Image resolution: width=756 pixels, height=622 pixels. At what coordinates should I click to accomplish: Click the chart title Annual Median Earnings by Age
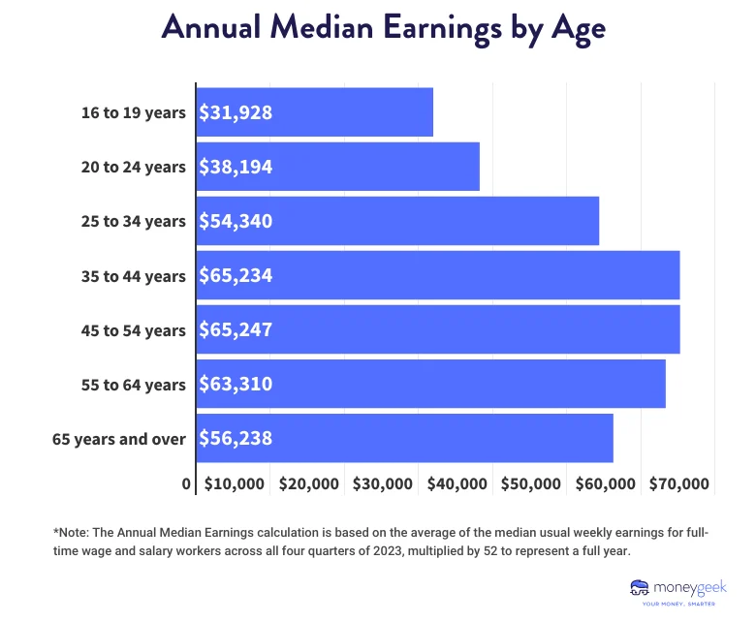click(x=383, y=27)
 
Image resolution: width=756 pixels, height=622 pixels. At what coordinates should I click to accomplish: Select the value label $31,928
click(x=236, y=112)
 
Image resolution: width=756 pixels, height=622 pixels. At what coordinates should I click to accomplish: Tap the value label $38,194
click(x=236, y=167)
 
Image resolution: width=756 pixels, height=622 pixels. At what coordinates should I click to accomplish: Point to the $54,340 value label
click(x=236, y=221)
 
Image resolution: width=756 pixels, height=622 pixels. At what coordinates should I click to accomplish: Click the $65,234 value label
click(x=236, y=275)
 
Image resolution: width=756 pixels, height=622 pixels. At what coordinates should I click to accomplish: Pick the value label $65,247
click(x=236, y=329)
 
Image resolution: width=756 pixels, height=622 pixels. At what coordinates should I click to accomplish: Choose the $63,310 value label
click(x=236, y=384)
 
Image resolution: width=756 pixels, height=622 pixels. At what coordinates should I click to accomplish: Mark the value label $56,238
click(x=236, y=438)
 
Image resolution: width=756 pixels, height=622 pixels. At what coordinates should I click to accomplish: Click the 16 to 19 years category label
click(x=133, y=112)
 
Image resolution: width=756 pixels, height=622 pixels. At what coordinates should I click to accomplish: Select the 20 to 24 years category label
click(x=133, y=167)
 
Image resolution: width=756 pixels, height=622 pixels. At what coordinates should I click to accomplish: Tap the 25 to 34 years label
click(x=133, y=221)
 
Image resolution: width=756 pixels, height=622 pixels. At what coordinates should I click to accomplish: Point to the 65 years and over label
click(x=118, y=439)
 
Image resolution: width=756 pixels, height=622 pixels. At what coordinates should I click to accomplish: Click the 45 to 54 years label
click(x=133, y=330)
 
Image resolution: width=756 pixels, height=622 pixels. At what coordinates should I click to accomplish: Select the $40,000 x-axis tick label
click(x=457, y=483)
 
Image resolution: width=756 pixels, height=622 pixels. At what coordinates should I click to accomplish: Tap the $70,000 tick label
click(x=681, y=483)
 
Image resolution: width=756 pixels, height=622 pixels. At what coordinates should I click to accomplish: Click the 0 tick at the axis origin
click(x=186, y=483)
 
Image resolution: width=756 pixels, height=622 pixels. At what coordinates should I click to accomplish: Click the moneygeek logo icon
click(x=640, y=587)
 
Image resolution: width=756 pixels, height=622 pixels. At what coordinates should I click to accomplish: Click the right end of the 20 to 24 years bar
click(x=477, y=167)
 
